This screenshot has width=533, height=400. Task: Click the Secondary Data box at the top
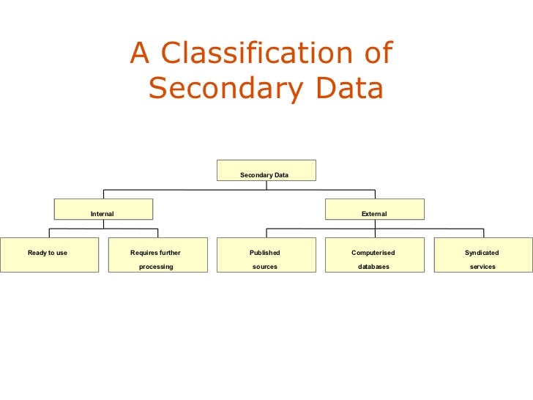coord(266,171)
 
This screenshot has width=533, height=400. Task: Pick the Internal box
coord(103,210)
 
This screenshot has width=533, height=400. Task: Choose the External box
coord(374,210)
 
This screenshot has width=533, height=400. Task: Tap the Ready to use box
coord(48,255)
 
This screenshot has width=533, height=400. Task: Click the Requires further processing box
coord(157,255)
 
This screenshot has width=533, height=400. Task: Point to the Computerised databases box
coord(374,255)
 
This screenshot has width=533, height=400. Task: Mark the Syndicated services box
coord(482,255)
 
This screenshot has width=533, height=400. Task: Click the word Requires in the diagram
coord(142,253)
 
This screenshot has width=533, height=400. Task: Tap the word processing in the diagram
coord(156,267)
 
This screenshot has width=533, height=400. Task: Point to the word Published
coord(265,253)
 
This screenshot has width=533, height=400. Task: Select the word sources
coord(265,267)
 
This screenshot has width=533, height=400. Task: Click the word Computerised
coord(373,253)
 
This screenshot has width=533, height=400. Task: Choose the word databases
coord(373,267)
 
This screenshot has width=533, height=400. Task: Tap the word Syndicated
coord(482,253)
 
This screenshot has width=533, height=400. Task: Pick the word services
coord(482,267)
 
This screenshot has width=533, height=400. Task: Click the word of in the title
coord(378,53)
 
